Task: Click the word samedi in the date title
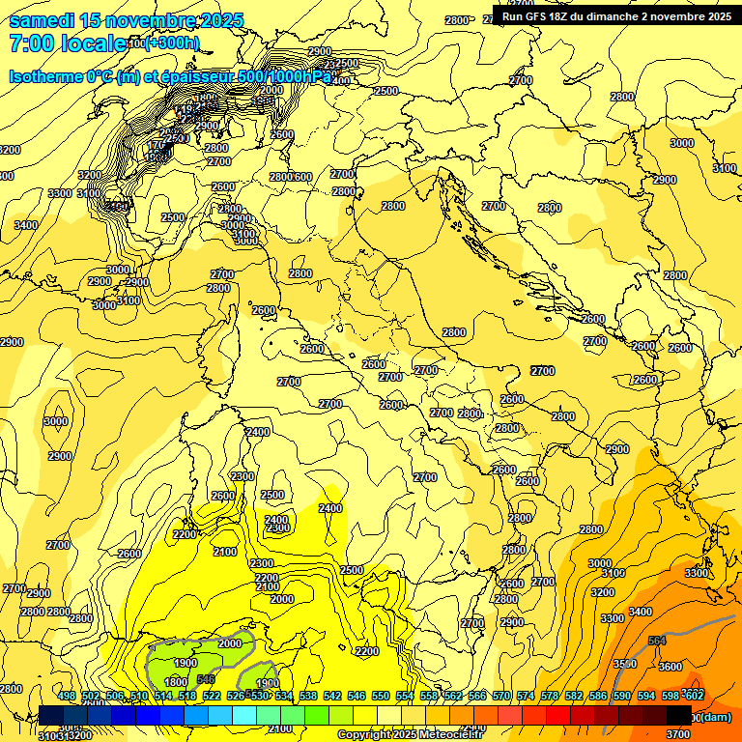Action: pyautogui.click(x=42, y=20)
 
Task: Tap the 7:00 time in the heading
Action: pyautogui.click(x=30, y=43)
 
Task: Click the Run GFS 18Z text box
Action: pyautogui.click(x=615, y=15)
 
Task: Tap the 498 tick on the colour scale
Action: pyautogui.click(x=67, y=697)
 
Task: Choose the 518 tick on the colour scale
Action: pyautogui.click(x=187, y=697)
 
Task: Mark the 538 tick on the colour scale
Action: pyautogui.click(x=308, y=697)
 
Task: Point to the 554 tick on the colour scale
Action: pyautogui.click(x=405, y=697)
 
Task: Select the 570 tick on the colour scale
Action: pyautogui.click(x=501, y=697)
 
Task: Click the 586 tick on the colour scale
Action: pyautogui.click(x=598, y=697)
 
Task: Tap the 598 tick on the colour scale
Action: pyautogui.click(x=671, y=697)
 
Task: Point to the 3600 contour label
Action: pyautogui.click(x=671, y=667)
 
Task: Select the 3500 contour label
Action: pyautogui.click(x=625, y=664)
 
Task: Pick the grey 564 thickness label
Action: pyautogui.click(x=657, y=641)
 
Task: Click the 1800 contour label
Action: pyautogui.click(x=176, y=682)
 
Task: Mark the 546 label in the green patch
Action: pyautogui.click(x=206, y=679)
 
